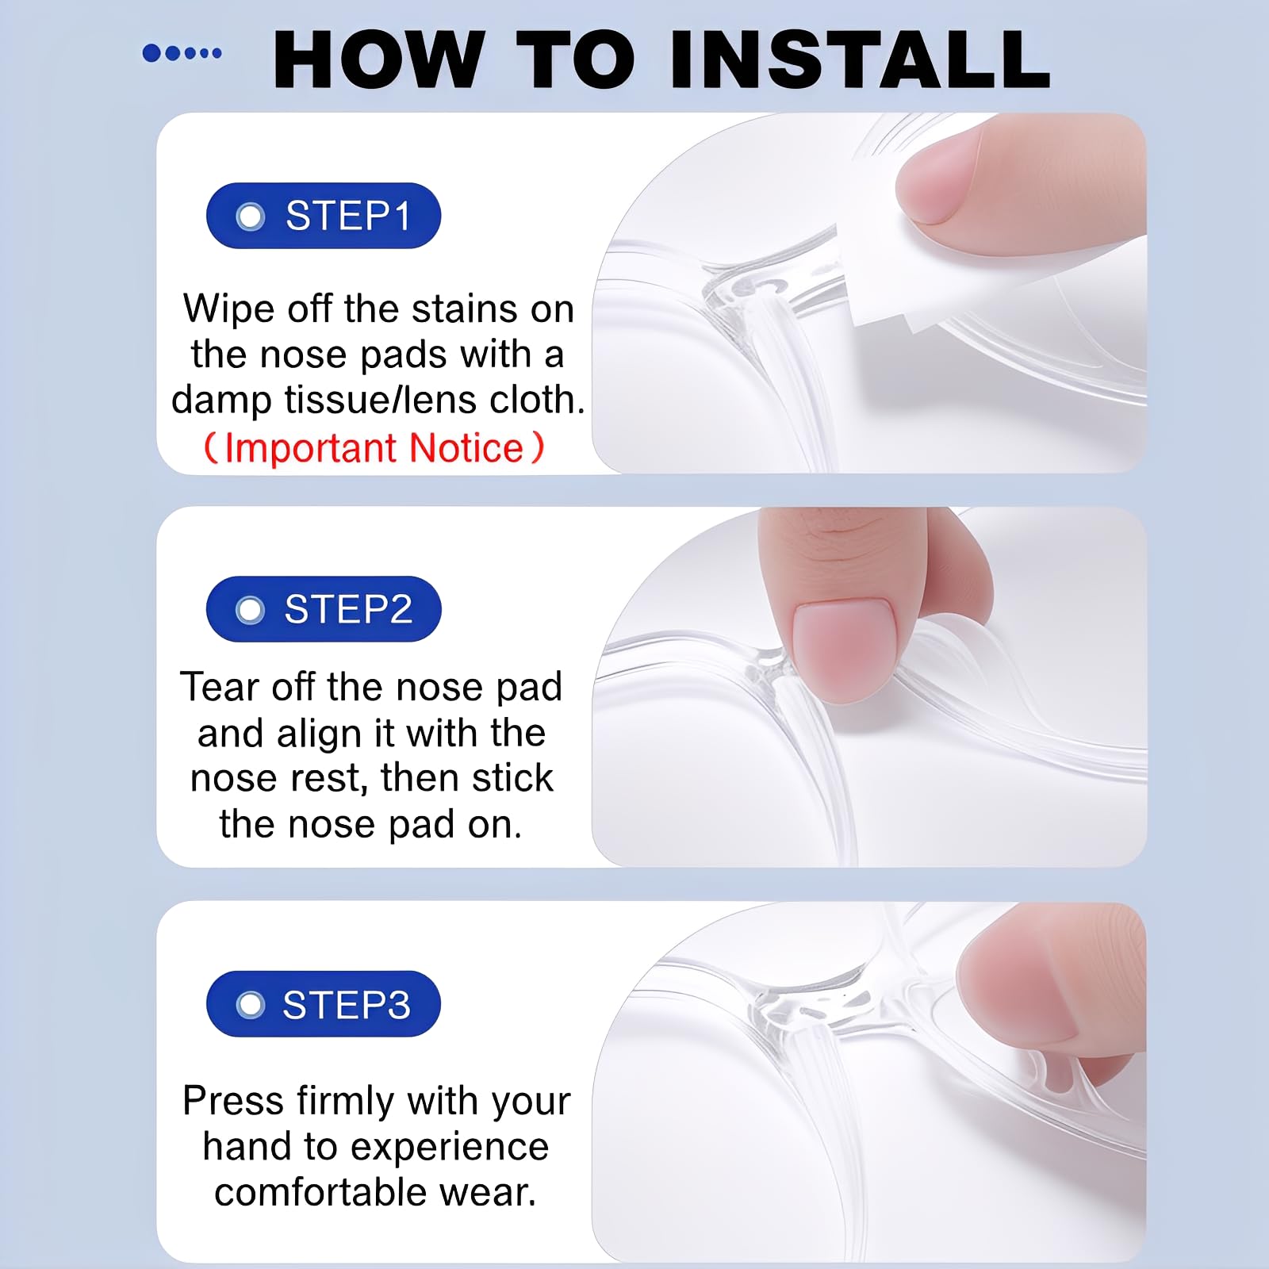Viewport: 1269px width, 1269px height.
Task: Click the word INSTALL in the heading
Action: (861, 59)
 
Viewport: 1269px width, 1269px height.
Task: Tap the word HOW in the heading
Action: (379, 59)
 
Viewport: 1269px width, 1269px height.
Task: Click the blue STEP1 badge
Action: (324, 216)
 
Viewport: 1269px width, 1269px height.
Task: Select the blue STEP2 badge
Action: (324, 609)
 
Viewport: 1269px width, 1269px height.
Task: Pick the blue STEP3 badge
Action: (324, 1004)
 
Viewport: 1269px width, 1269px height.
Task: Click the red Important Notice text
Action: (374, 448)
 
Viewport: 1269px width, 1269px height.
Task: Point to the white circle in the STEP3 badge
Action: (251, 1005)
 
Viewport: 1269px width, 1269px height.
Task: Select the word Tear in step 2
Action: (220, 687)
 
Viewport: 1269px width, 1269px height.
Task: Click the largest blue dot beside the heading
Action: (151, 53)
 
